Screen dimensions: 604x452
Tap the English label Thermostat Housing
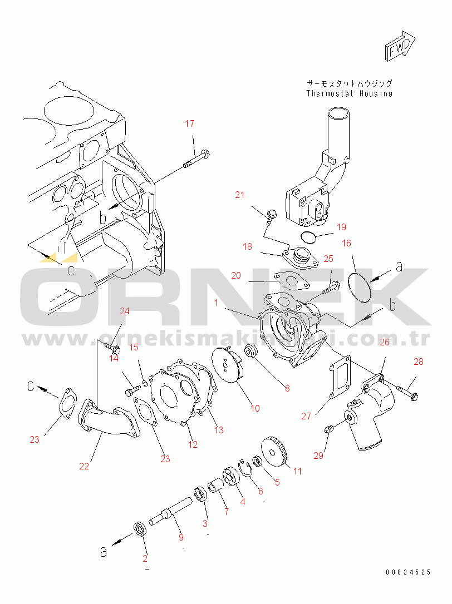click(349, 93)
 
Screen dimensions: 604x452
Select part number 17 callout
click(189, 123)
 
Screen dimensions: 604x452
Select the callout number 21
click(240, 195)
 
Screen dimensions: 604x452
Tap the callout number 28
click(419, 362)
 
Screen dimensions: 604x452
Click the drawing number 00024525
click(408, 572)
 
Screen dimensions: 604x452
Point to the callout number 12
click(193, 444)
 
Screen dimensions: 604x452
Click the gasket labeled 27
click(339, 376)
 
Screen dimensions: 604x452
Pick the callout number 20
click(236, 275)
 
